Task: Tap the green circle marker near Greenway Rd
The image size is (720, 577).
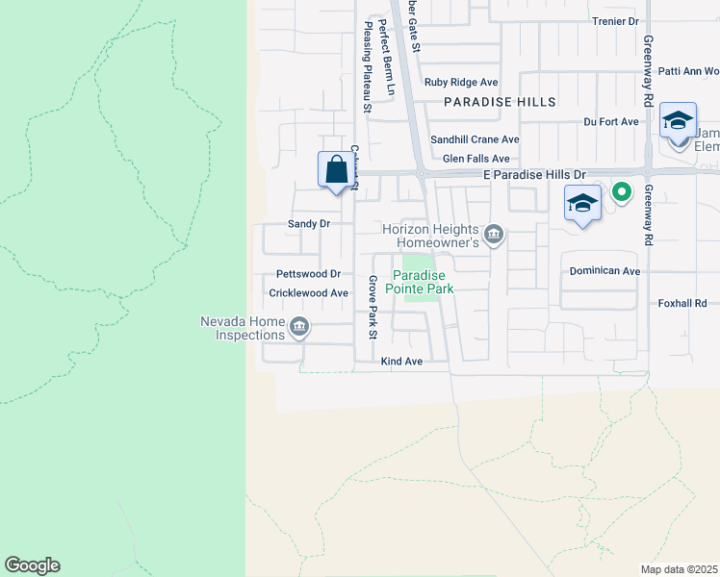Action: [622, 192]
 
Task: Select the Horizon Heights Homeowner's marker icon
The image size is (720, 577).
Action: [494, 234]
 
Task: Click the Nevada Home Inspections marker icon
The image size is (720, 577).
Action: [299, 328]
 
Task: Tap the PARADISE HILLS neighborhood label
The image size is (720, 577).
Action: [500, 102]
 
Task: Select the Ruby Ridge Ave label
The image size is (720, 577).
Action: [461, 83]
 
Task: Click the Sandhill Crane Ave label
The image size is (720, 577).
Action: [475, 139]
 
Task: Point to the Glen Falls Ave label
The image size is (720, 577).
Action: [476, 159]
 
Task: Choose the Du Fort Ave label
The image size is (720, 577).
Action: [611, 122]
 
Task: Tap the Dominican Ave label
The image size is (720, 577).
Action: [604, 271]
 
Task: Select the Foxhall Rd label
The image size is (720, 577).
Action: [682, 303]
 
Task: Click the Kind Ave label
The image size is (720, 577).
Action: [401, 362]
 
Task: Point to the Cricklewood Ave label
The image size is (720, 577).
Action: [308, 293]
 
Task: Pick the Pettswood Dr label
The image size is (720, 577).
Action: [308, 274]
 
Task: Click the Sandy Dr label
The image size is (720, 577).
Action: [309, 223]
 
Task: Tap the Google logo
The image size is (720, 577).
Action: [32, 565]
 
